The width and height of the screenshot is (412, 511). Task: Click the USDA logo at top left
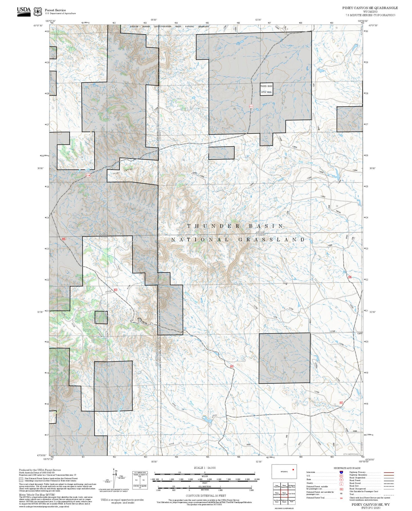tap(24, 11)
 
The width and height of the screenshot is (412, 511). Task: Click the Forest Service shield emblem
tap(38, 12)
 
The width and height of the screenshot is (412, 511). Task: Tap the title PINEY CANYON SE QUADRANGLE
tap(370, 8)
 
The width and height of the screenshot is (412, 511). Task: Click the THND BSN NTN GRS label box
tap(266, 89)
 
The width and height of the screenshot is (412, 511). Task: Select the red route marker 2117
tap(251, 106)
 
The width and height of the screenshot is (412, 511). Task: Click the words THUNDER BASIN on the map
tap(236, 226)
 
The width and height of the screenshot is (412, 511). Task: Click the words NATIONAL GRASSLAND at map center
tap(238, 240)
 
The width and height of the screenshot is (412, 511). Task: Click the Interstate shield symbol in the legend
tap(341, 472)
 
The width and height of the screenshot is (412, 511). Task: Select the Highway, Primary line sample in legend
tap(389, 472)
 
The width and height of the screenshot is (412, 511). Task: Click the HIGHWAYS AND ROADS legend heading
tap(347, 468)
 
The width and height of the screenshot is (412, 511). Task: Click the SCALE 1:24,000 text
tap(205, 468)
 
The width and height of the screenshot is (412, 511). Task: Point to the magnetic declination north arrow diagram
tap(114, 479)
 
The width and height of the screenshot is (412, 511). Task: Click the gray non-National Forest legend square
tap(21, 479)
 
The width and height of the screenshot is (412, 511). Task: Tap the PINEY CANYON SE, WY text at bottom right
tap(370, 504)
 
